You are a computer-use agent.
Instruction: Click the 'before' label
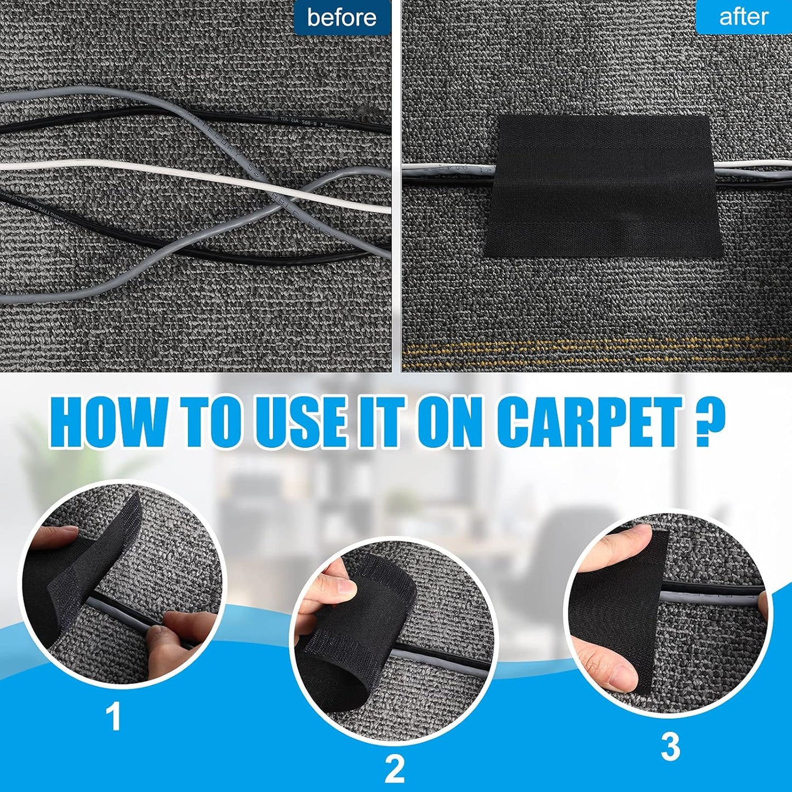341,18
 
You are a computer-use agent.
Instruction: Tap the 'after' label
743,17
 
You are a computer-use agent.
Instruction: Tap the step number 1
113,716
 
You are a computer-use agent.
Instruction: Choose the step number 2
394,768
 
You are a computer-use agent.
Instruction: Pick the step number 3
670,747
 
